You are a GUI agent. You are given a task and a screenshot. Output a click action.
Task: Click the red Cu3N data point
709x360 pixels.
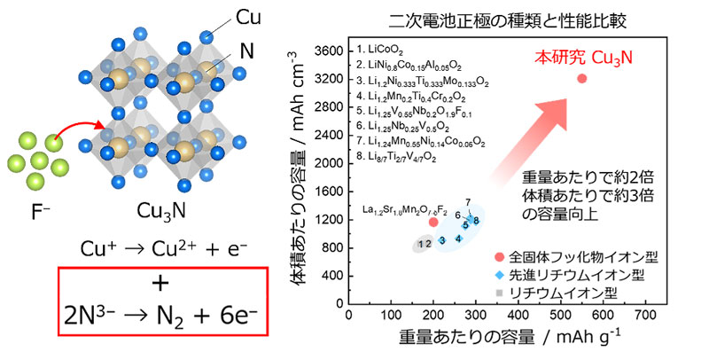click(582, 78)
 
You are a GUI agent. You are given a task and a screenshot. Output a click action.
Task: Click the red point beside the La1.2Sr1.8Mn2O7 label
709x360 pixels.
click(433, 222)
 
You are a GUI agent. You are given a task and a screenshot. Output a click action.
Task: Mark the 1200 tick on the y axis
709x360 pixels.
click(330, 219)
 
